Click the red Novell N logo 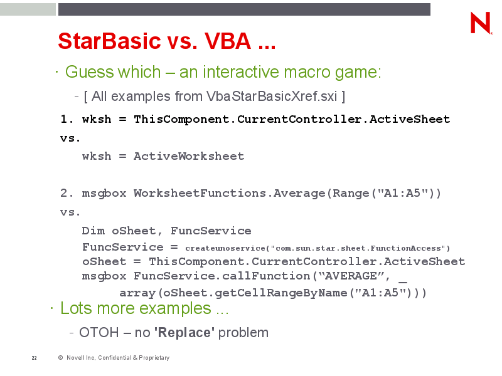[x=481, y=23]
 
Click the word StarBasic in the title [x=109, y=41]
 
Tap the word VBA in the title [x=228, y=41]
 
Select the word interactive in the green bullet [x=241, y=71]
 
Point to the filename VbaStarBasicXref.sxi [x=272, y=97]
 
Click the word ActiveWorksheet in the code [x=189, y=156]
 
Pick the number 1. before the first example [x=67, y=119]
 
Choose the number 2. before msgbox [x=67, y=193]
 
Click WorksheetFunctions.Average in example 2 [x=229, y=193]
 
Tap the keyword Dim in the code [x=93, y=231]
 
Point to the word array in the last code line [x=137, y=293]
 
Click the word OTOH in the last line [x=99, y=333]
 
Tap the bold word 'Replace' [x=184, y=333]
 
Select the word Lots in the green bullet [x=76, y=308]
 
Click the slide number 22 [x=35, y=358]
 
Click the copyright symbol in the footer [x=60, y=358]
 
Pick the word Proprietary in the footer [x=154, y=358]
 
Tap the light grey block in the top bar [x=28, y=9]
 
